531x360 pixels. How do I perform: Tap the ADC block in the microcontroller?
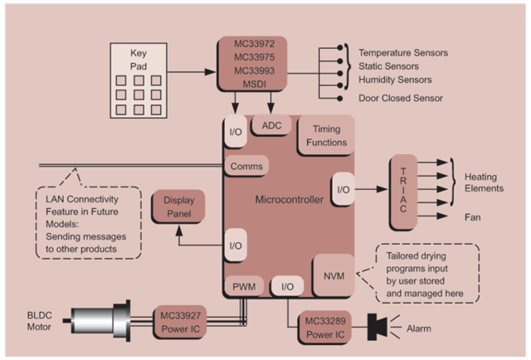(x=272, y=125)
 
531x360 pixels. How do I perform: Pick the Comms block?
(x=246, y=166)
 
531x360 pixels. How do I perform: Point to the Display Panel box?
(x=178, y=207)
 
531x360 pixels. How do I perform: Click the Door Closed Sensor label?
(x=400, y=99)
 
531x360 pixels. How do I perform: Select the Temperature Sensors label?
(x=403, y=53)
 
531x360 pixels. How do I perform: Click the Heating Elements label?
(x=484, y=183)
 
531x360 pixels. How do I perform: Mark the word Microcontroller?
(x=288, y=200)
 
